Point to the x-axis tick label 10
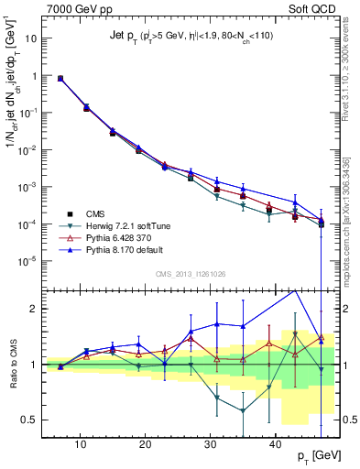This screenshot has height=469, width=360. point(81,444)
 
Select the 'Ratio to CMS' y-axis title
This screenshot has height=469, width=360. point(12,364)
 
